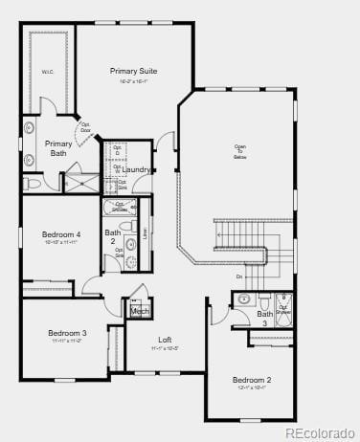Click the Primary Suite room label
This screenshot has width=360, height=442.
[x=134, y=71]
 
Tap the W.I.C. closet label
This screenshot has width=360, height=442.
[x=47, y=71]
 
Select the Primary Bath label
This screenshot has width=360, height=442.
[x=57, y=147]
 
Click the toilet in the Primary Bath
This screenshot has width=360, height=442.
[x=32, y=182]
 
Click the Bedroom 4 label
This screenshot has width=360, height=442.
[x=61, y=234]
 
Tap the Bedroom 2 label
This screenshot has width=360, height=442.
[x=252, y=380]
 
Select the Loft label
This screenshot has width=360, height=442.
[x=165, y=340]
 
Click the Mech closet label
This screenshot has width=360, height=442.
[x=139, y=311]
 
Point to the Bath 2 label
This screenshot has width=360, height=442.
[x=113, y=236]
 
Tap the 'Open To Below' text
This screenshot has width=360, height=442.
[x=240, y=150]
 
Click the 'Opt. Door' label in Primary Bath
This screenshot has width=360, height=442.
[x=86, y=127]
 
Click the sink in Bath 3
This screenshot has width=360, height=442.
[x=243, y=299]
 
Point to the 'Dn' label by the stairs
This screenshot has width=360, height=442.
[x=238, y=276]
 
